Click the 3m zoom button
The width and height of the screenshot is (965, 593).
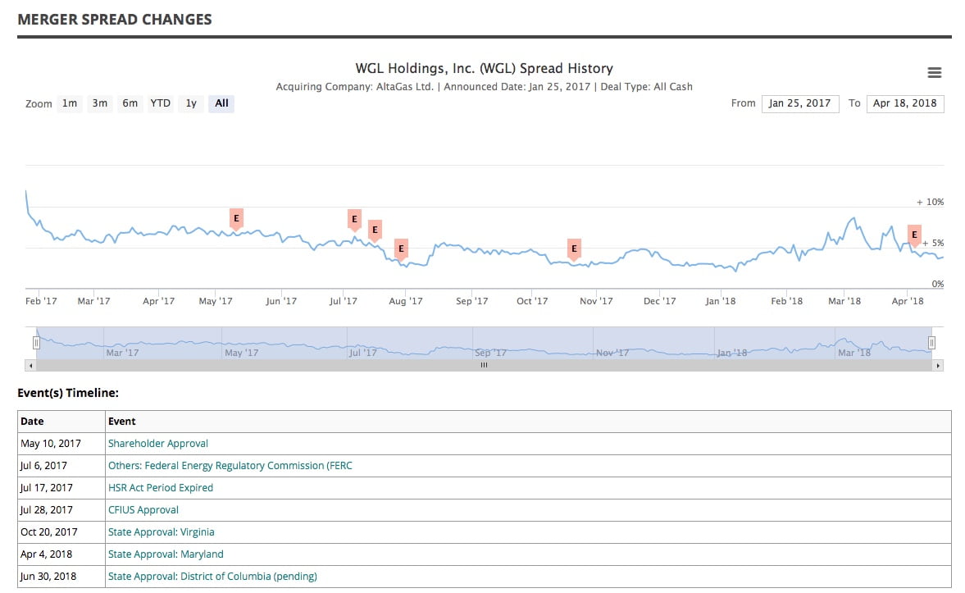[x=100, y=103]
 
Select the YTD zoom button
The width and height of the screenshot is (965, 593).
[x=160, y=103]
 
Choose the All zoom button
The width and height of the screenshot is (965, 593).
[x=221, y=103]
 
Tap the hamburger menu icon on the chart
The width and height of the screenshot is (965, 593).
[x=934, y=73]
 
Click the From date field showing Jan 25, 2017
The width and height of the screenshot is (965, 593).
[x=799, y=103]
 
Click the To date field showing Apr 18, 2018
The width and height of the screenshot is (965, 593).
[x=904, y=103]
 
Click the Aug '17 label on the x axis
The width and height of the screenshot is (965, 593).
[x=405, y=301]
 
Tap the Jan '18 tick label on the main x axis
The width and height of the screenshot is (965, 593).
[x=721, y=301]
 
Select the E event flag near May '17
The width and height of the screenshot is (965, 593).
[x=236, y=218]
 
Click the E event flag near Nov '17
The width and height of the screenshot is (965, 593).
[x=574, y=248]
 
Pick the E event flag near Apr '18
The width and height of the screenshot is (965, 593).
[x=914, y=235]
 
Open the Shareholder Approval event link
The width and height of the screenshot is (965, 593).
[x=158, y=444]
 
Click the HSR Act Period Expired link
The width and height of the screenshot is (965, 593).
[x=161, y=488]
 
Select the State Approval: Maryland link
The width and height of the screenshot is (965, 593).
[x=166, y=554]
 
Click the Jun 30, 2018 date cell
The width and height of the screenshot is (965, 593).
[x=48, y=577]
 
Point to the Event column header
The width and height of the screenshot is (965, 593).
[x=122, y=422]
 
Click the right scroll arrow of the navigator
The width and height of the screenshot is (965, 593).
[x=938, y=365]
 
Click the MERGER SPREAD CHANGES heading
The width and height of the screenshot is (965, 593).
[x=115, y=20]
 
